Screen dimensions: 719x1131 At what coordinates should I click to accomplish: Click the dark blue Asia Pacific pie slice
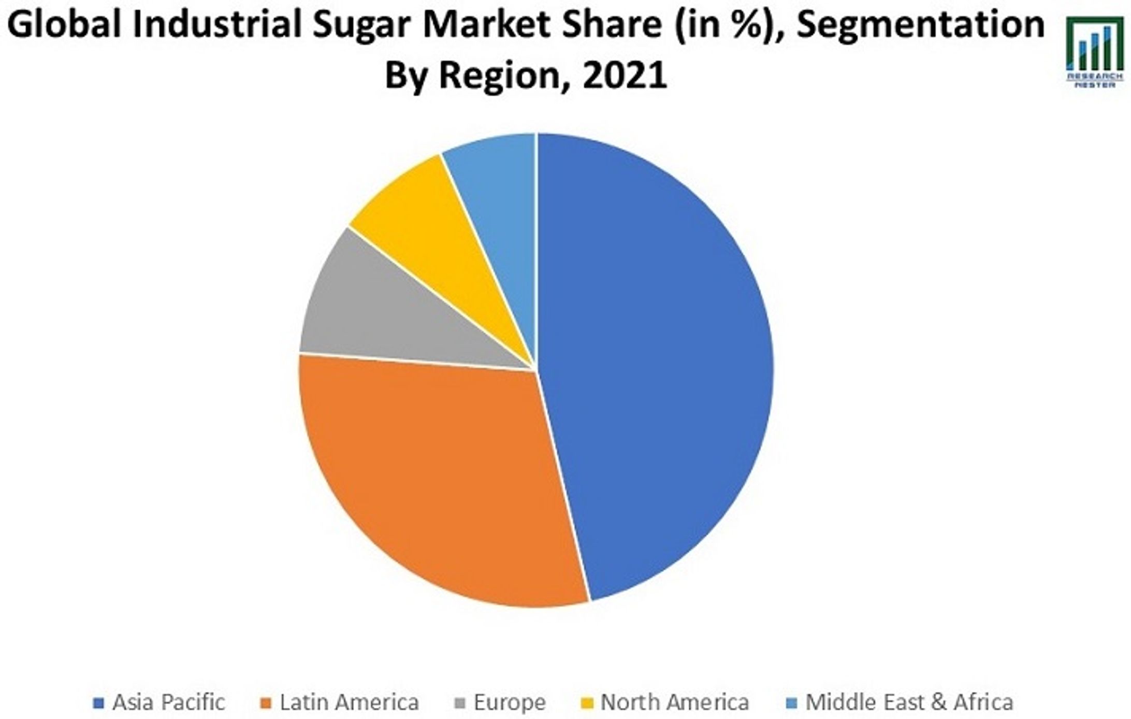[658, 363]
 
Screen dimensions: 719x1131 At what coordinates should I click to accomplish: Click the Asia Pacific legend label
[168, 702]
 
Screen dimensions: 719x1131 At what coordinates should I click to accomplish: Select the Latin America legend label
[349, 702]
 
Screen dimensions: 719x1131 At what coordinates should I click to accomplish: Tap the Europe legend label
[510, 702]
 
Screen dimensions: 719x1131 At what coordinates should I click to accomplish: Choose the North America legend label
[674, 702]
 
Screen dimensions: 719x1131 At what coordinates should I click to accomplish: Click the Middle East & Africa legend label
[909, 702]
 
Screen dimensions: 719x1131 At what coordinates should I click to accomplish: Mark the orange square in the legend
[266, 703]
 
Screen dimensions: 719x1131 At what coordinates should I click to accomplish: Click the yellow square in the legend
[587, 703]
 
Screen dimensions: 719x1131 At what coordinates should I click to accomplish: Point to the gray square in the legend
[460, 703]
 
